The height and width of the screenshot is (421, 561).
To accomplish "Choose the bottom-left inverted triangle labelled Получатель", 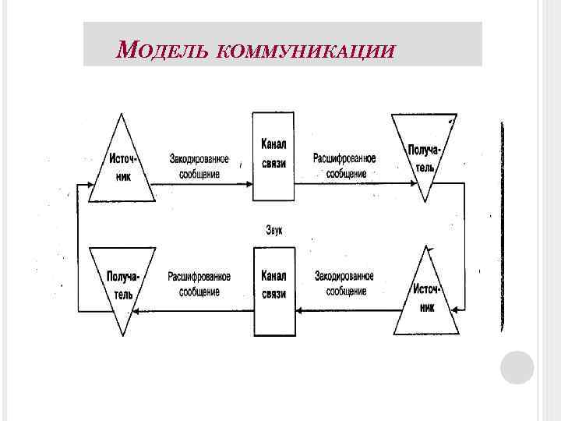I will pyautogui.click(x=120, y=285).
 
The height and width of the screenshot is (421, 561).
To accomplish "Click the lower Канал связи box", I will pyautogui.click(x=273, y=290).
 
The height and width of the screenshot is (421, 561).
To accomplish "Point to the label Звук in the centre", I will pyautogui.click(x=273, y=229).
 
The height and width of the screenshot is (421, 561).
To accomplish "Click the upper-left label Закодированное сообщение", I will pyautogui.click(x=199, y=166).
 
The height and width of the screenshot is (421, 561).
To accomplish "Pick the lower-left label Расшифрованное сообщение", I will pyautogui.click(x=199, y=284).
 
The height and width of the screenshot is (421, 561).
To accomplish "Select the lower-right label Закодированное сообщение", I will pyautogui.click(x=344, y=284).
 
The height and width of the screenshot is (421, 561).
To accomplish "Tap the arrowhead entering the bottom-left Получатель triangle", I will pyautogui.click(x=136, y=310).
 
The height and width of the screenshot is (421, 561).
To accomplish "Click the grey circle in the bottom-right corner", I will pyautogui.click(x=517, y=367).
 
